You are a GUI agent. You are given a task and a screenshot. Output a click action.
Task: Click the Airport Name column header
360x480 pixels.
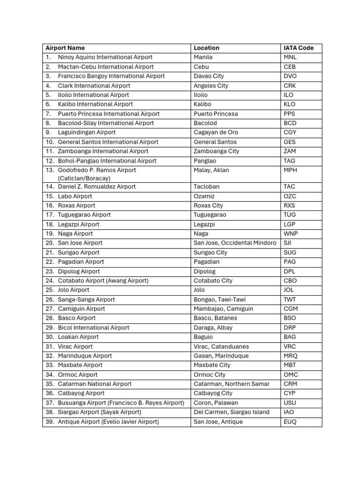click(65, 48)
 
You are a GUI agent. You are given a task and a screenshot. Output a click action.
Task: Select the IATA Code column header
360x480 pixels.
click(299, 48)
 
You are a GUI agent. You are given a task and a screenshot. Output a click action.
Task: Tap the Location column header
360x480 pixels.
click(206, 48)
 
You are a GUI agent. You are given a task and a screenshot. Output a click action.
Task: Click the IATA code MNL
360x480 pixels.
click(290, 57)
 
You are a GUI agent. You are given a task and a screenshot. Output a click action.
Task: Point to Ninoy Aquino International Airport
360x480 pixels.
click(105, 57)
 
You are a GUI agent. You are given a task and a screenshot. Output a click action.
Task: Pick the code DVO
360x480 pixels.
click(290, 76)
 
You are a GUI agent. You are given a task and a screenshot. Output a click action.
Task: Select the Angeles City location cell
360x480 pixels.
click(211, 86)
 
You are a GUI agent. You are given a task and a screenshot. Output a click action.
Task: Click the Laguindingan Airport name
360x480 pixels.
click(87, 132)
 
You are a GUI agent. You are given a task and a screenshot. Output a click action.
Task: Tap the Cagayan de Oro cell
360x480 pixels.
click(216, 132)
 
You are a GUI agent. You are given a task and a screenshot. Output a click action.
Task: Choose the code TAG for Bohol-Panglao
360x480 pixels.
click(290, 161)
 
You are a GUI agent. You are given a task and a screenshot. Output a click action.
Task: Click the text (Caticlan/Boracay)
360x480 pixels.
click(84, 178)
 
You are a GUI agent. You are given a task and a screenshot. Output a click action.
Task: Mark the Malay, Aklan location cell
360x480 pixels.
click(211, 170)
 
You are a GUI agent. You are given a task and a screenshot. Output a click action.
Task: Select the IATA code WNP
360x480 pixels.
click(291, 233)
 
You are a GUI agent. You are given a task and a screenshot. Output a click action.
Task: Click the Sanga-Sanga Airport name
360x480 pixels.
click(86, 300)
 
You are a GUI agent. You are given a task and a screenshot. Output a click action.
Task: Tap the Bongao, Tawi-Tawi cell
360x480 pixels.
click(219, 300)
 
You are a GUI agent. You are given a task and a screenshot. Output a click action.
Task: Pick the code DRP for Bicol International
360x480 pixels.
click(290, 328)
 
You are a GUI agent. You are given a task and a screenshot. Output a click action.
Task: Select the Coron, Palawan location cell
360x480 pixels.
click(216, 403)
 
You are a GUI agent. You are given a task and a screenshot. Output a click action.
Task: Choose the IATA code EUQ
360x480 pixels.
click(290, 422)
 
